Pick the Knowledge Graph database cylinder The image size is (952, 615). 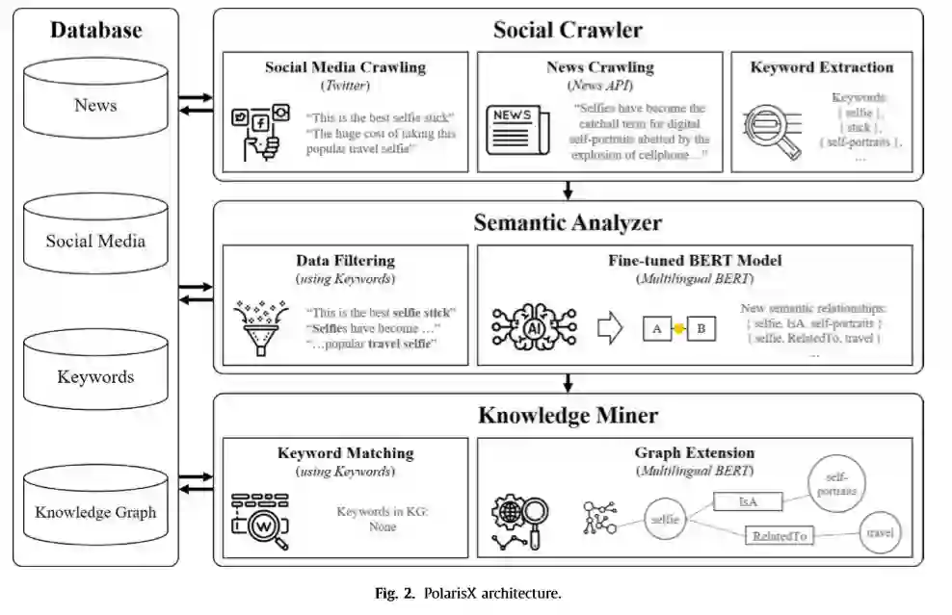pyautogui.click(x=95, y=506)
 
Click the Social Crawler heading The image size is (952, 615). pyautogui.click(x=568, y=30)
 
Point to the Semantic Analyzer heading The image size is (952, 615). pyautogui.click(x=568, y=223)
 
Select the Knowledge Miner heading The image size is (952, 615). pyautogui.click(x=568, y=416)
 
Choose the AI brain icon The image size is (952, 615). pyautogui.click(x=532, y=327)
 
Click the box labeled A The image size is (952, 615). pyautogui.click(x=656, y=329)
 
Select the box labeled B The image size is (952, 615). pyautogui.click(x=701, y=329)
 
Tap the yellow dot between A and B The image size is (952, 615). pyautogui.click(x=679, y=329)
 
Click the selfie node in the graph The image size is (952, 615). pyautogui.click(x=666, y=520)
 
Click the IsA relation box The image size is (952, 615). pyautogui.click(x=747, y=501)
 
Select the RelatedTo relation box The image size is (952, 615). pyautogui.click(x=780, y=536)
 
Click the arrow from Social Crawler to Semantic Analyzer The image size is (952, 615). pyautogui.click(x=568, y=190)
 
